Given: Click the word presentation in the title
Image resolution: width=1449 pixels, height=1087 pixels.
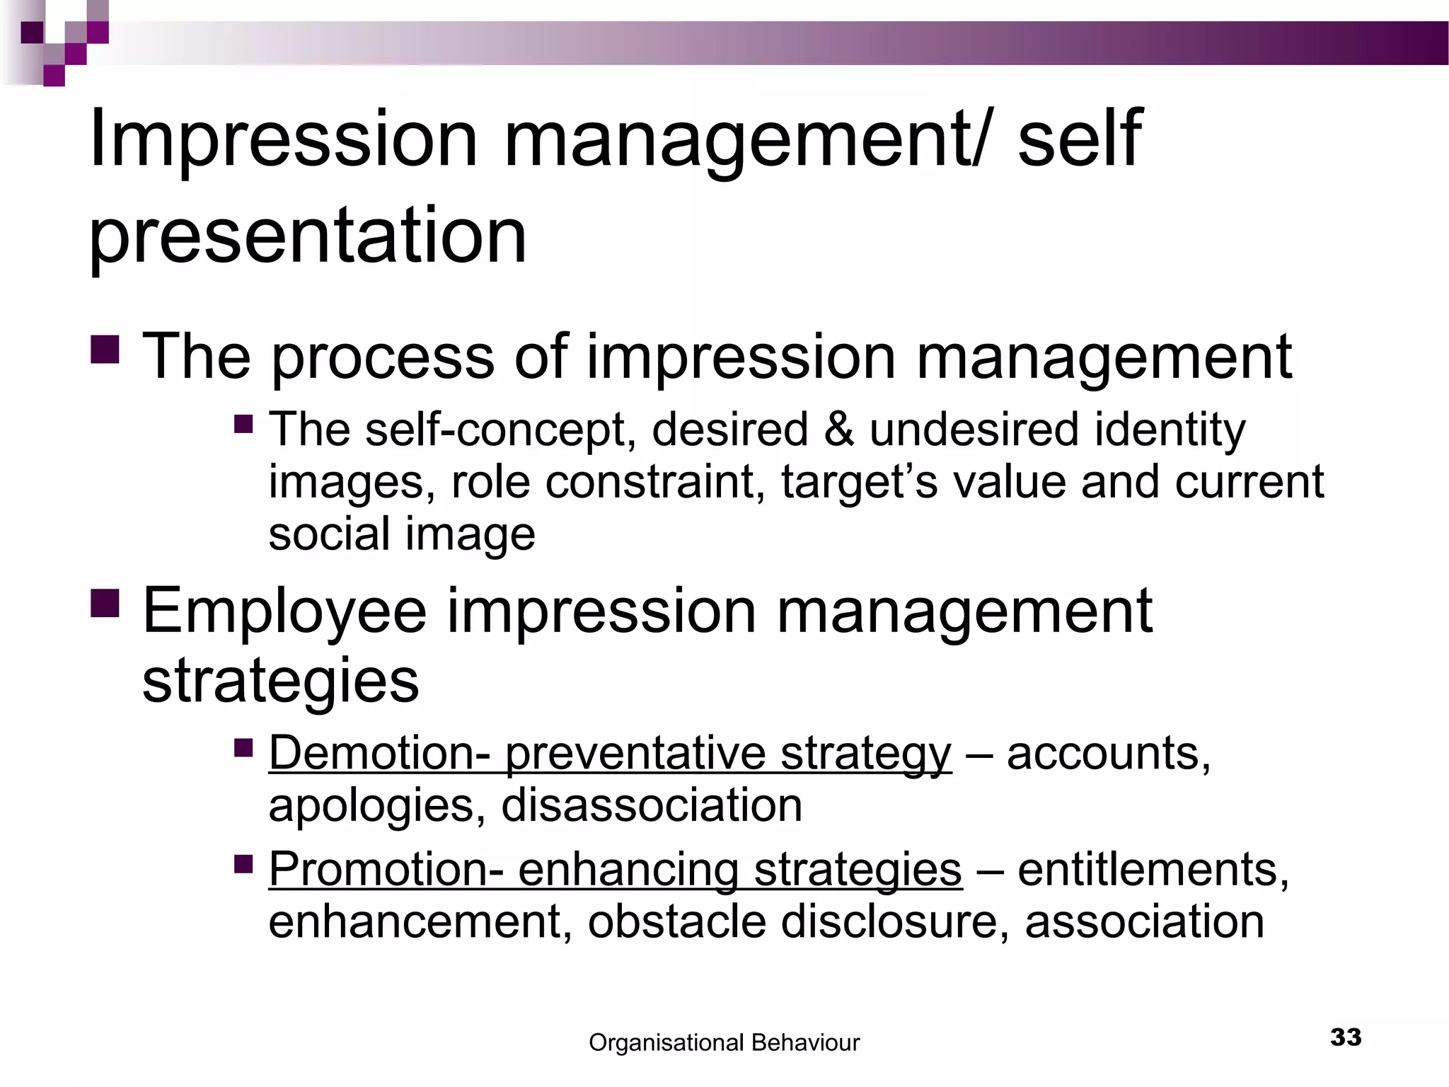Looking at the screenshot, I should click(308, 235).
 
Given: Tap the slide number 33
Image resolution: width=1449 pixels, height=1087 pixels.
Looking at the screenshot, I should click(1346, 1037).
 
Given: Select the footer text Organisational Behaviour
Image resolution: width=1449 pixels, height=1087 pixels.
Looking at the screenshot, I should click(724, 1042).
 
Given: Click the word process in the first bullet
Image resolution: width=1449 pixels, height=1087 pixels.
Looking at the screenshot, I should click(382, 357).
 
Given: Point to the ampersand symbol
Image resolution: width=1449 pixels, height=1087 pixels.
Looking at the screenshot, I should click(838, 430).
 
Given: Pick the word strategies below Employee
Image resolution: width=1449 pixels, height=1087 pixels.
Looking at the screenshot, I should click(280, 681).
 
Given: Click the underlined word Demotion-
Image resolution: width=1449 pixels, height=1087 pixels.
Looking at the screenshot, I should click(379, 753).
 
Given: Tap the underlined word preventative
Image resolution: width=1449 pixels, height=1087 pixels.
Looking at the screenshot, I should click(635, 753).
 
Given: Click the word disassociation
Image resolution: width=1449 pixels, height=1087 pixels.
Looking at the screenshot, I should click(652, 806).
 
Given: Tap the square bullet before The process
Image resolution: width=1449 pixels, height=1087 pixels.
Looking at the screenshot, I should click(105, 349).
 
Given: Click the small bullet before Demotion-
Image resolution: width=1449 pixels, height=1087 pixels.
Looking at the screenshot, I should click(243, 747).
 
